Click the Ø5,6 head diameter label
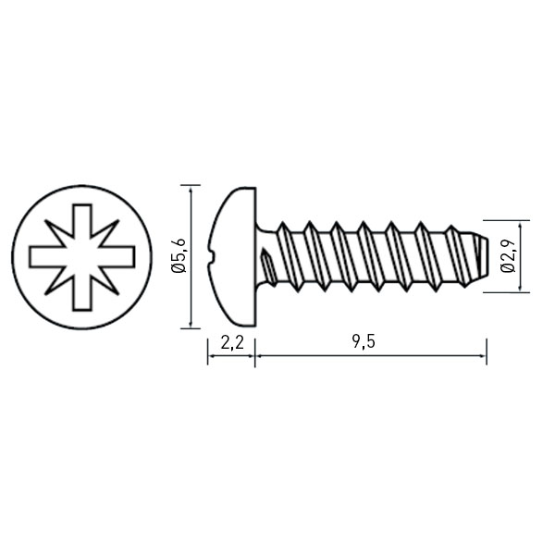(x=178, y=255)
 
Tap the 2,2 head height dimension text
(x=232, y=342)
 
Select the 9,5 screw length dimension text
(x=364, y=342)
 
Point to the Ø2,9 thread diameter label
(x=508, y=256)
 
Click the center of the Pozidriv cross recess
(x=82, y=257)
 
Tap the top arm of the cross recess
(x=82, y=220)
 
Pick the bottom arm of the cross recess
(x=82, y=294)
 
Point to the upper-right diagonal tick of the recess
(x=107, y=232)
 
